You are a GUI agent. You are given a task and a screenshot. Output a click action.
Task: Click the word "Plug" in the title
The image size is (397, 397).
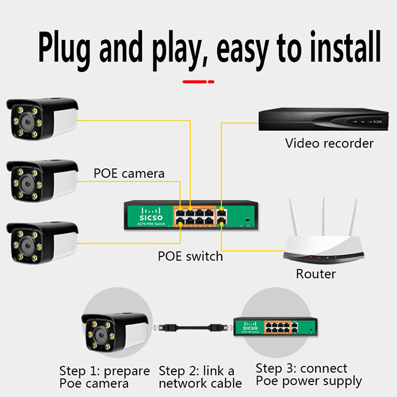[66, 49]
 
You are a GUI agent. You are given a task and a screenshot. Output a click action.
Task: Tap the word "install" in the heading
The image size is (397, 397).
[343, 49]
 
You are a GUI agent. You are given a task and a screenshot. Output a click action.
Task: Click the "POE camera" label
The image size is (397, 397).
[129, 174]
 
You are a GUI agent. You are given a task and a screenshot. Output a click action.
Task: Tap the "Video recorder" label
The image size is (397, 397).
[329, 144]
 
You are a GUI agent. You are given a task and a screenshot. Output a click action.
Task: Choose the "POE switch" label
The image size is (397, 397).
[190, 257]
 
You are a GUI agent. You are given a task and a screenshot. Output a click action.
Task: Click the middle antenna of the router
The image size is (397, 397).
[324, 218]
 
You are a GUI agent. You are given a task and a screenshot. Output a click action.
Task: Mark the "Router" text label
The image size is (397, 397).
[316, 273]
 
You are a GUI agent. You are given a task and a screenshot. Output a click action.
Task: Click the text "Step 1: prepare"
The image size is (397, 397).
[104, 371]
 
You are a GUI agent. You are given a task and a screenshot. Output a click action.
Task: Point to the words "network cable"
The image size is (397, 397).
[200, 384]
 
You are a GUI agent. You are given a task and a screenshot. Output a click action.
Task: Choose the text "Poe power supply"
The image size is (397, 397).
[309, 381]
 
